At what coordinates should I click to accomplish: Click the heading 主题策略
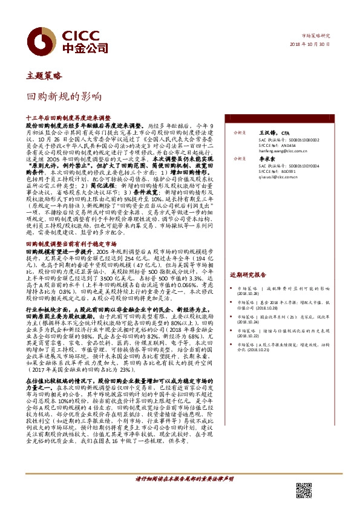44,77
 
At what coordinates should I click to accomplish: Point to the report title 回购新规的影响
64,96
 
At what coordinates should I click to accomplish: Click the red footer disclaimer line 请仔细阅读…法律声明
183,478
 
